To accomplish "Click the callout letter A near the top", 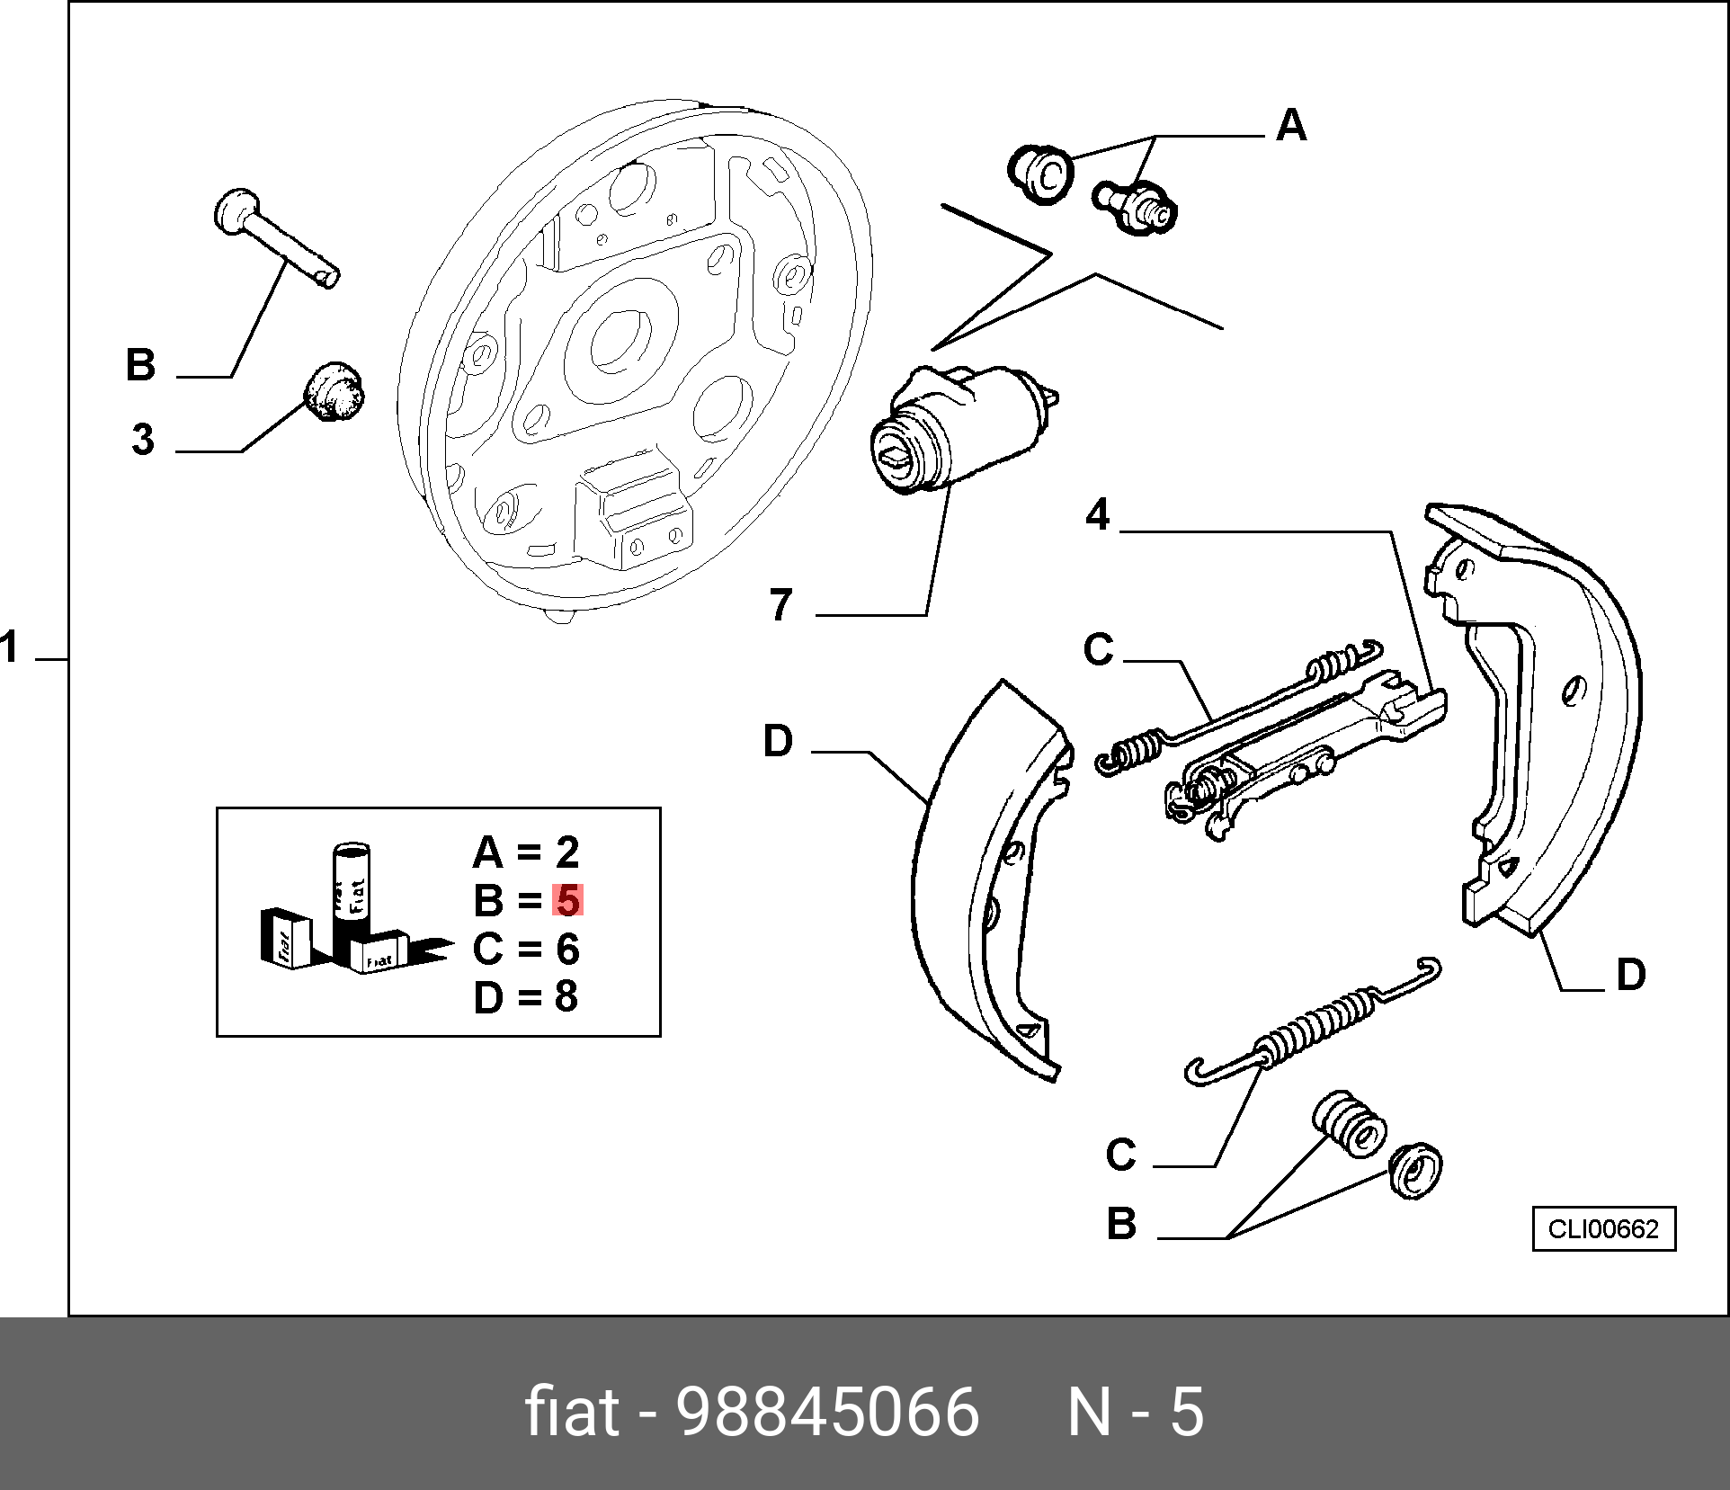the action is [1291, 125].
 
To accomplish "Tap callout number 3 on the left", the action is [143, 440].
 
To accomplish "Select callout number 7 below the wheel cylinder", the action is [780, 604].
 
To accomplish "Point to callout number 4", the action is [1098, 514].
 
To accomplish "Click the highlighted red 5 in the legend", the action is [567, 900].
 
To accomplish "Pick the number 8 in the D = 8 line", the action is [566, 996].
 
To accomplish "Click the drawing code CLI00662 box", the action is [1604, 1228].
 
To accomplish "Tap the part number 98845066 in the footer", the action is [827, 1412].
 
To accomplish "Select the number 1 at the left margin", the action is [10, 647].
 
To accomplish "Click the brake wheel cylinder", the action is [962, 428].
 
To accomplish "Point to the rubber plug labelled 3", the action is [333, 391].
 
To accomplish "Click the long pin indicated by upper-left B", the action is [276, 236].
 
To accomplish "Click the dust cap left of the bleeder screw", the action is [1040, 174].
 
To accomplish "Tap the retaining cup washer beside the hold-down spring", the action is [1415, 1170].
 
